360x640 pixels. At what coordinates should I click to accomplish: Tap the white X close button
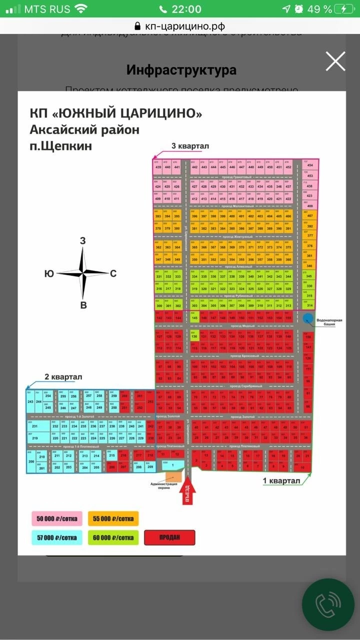click(x=335, y=61)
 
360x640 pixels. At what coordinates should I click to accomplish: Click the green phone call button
click(x=328, y=605)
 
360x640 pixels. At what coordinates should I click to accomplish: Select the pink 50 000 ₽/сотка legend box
click(x=57, y=518)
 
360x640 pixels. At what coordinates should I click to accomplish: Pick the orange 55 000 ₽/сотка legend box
click(x=113, y=518)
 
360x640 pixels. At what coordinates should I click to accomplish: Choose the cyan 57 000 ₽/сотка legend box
click(x=57, y=537)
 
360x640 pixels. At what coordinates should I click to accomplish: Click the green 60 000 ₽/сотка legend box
click(x=113, y=537)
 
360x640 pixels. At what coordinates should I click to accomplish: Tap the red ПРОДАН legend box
click(x=169, y=537)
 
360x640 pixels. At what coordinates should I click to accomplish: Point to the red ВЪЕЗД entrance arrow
click(x=187, y=487)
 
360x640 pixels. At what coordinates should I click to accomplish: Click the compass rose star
click(x=83, y=273)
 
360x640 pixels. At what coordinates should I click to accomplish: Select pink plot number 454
click(x=310, y=165)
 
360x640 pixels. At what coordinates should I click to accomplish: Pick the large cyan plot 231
click(x=35, y=426)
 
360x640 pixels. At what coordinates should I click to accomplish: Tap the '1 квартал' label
click(x=281, y=481)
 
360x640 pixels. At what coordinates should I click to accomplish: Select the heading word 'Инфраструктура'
click(x=181, y=70)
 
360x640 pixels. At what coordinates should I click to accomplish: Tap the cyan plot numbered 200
click(x=31, y=461)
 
